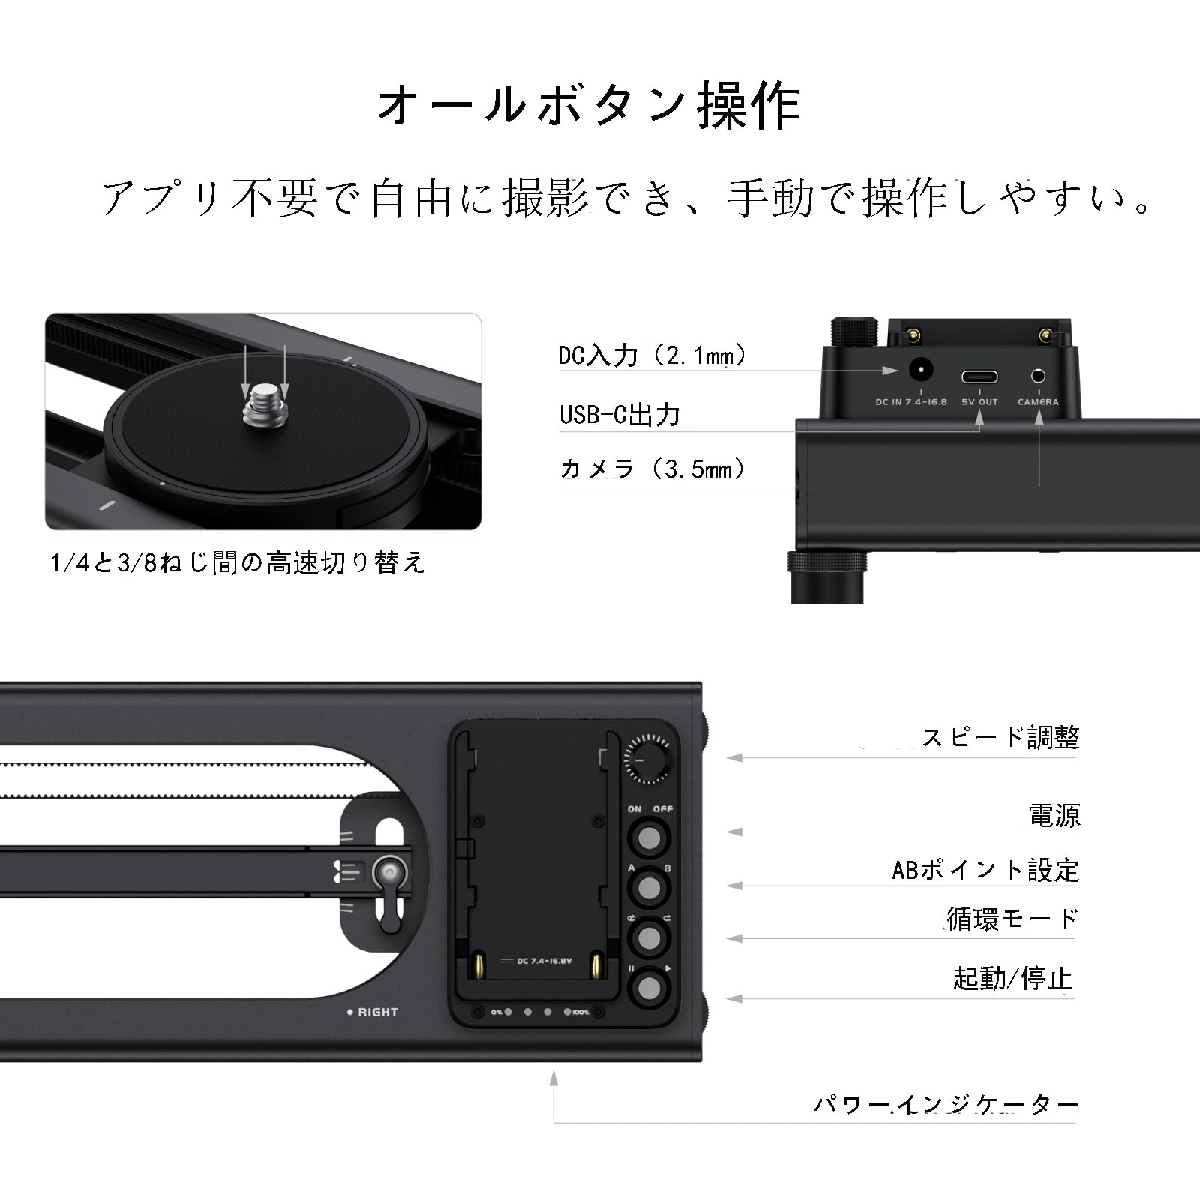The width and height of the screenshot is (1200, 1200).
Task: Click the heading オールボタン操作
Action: click(589, 106)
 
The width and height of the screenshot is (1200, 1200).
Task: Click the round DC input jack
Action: click(921, 370)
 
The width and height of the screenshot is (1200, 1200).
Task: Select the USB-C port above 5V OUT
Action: click(979, 376)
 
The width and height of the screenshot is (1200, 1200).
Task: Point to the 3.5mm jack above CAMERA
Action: click(1038, 376)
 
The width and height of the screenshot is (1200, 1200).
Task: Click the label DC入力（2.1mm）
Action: click(652, 355)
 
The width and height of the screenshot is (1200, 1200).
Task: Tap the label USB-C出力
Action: click(619, 414)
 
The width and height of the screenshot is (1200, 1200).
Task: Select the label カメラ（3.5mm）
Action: click(652, 469)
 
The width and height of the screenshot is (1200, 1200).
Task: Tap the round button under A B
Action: click(649, 888)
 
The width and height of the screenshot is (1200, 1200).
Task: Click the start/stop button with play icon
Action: click(649, 988)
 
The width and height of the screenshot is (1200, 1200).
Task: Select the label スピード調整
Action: click(1000, 738)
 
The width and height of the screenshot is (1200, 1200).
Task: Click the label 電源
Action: click(1054, 815)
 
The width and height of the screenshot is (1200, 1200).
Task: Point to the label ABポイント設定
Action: click(985, 870)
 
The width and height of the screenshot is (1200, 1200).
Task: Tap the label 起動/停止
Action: click(1012, 979)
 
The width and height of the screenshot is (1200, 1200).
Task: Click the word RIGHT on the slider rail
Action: click(377, 1012)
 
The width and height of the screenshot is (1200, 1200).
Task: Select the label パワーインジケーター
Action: click(946, 1104)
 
